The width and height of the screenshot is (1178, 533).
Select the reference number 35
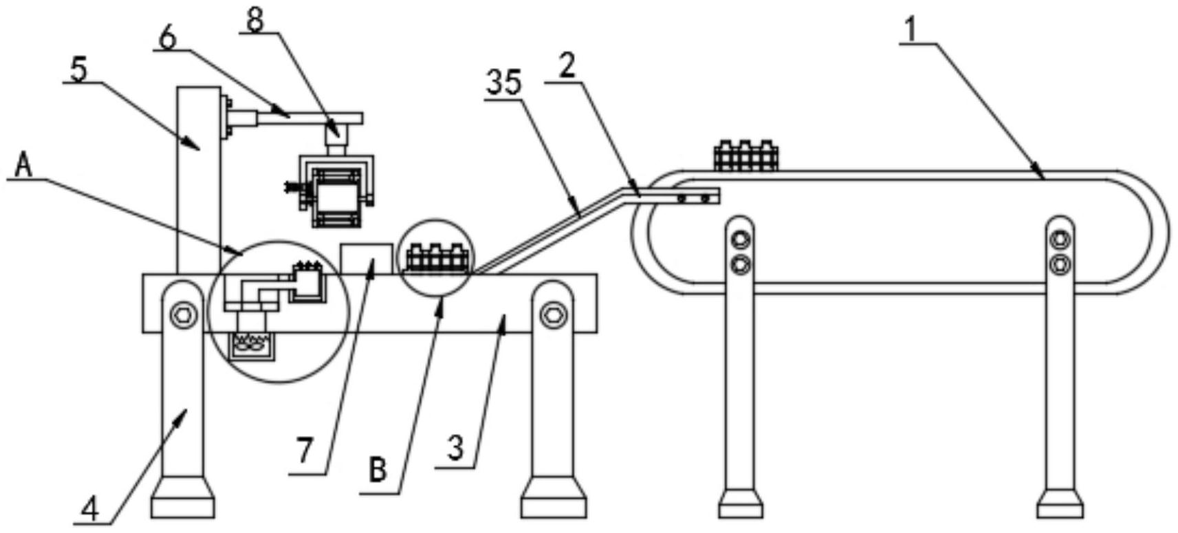[x=504, y=83]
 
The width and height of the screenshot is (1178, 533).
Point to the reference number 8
[x=255, y=21]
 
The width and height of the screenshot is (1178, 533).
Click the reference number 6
[x=166, y=37]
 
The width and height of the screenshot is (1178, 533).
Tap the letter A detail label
[x=23, y=165]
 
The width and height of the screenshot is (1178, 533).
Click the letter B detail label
[x=378, y=470]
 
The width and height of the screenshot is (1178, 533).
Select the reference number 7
[x=305, y=450]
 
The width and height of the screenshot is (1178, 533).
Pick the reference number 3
[x=455, y=448]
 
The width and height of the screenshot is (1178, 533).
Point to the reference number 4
[x=90, y=510]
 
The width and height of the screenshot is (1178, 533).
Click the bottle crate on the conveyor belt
[x=746, y=156]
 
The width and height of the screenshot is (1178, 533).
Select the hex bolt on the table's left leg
[x=183, y=314]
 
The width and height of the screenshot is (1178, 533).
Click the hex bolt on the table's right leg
[x=552, y=314]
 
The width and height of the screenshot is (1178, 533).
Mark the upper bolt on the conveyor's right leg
[x=1060, y=239]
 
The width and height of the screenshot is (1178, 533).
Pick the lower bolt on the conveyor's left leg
[x=740, y=263]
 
